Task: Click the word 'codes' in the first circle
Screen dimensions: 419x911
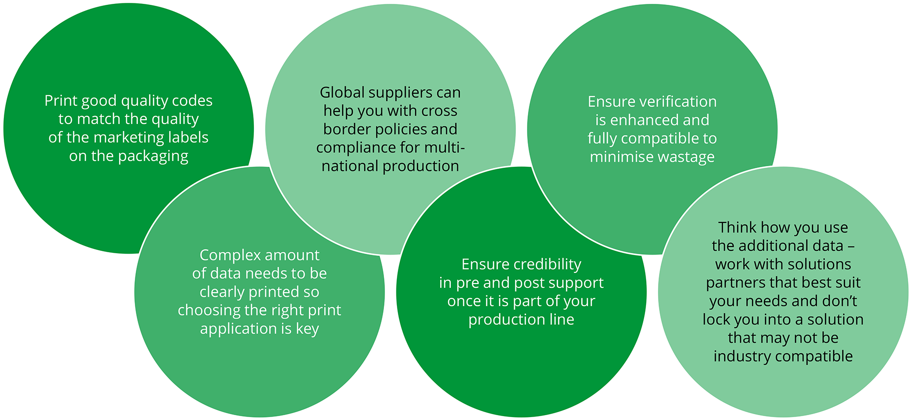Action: (x=192, y=101)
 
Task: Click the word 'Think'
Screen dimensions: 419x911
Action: (x=737, y=227)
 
